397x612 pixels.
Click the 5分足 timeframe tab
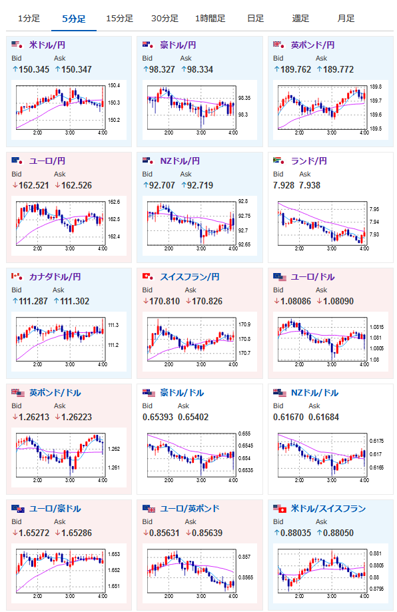74,19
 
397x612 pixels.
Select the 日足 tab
256,19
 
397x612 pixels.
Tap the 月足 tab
346,19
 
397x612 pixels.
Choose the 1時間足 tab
210,19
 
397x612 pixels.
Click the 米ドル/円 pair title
47,45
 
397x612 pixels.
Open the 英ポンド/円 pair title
312,45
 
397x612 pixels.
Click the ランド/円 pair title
309,160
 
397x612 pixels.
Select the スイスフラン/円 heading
190,277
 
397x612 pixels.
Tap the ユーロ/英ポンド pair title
190,509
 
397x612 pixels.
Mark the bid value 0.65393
158,418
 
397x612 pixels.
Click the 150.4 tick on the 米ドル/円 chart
114,85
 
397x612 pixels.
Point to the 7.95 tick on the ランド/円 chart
374,209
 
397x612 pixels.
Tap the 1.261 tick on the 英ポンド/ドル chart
114,467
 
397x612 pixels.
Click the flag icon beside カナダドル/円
17,276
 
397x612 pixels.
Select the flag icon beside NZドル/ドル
280,393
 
